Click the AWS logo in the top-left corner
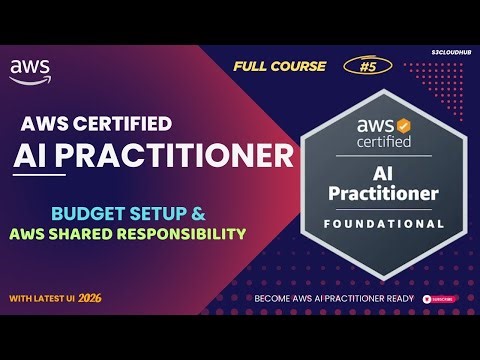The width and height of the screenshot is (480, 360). point(30,70)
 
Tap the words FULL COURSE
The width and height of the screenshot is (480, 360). point(280,66)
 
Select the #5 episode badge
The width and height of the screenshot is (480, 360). point(372,66)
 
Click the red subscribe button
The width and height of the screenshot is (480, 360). point(440,298)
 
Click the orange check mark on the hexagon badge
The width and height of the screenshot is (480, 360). point(404,126)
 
